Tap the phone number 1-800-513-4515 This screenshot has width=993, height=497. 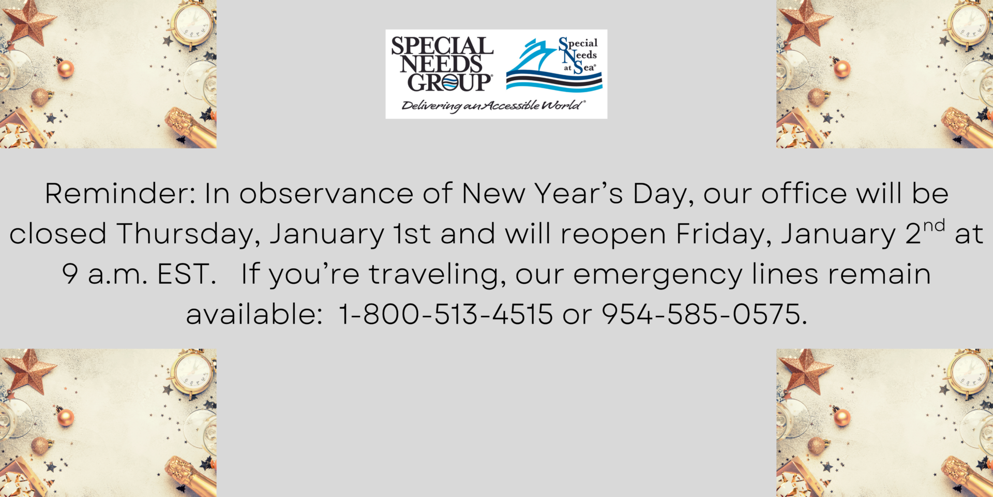445,314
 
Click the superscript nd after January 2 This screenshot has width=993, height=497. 934,226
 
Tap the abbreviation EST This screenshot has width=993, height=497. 186,274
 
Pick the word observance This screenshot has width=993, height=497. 326,194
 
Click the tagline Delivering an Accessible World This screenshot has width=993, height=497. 493,106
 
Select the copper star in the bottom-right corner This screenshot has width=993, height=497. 806,372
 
